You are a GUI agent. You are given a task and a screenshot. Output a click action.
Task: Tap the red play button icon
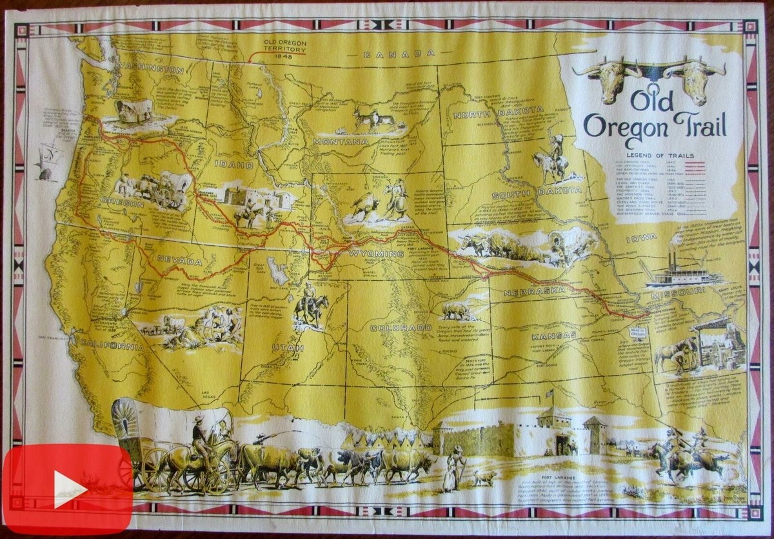click(x=68, y=489)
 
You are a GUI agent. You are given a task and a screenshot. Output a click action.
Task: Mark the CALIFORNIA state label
click(x=111, y=346)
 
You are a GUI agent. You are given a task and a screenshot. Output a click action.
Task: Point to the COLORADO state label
click(x=401, y=328)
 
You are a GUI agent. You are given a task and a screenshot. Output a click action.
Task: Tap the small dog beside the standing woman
click(x=484, y=478)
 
